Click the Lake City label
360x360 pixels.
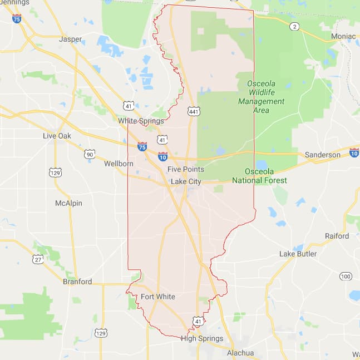186,181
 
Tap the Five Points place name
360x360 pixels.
186,169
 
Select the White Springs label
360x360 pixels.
141,121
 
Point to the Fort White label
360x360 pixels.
157,297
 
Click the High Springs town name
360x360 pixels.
202,338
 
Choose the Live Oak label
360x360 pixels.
57,136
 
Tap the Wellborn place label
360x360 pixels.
119,164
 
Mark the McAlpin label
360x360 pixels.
68,203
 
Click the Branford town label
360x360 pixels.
77,282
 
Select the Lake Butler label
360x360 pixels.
298,254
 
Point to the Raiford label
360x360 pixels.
337,236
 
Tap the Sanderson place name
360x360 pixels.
322,155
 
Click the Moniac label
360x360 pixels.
343,36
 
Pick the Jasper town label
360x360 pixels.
70,40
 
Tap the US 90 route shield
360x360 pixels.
90,154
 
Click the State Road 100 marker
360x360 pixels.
346,277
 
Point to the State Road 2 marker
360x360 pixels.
294,26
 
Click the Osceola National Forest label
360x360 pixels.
267,176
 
